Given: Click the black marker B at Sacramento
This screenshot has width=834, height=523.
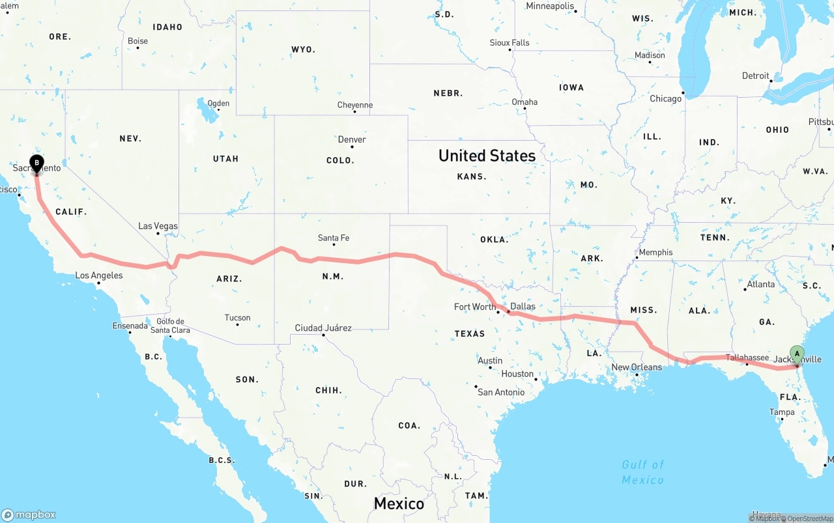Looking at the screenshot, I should click(x=37, y=163).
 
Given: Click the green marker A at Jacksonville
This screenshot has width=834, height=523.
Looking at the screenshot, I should click(x=797, y=354).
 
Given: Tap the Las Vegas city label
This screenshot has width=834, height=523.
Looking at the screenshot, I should click(x=158, y=226).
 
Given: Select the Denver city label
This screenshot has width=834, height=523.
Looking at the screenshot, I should click(x=352, y=139).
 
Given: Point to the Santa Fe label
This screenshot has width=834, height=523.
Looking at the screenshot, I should click(x=334, y=238).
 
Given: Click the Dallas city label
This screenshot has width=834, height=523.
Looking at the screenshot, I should click(x=523, y=306).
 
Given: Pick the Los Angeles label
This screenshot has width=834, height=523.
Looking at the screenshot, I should click(x=99, y=276).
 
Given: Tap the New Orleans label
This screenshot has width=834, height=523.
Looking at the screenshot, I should click(x=637, y=367).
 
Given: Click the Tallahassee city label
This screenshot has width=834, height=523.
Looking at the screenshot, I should click(x=747, y=358).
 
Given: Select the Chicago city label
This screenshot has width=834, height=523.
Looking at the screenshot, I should click(x=665, y=99).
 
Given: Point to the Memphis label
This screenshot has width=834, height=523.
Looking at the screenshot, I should click(x=655, y=252).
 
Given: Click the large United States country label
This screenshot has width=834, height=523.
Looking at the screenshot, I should click(x=487, y=156).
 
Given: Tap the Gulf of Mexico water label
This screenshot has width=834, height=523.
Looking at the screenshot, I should click(x=642, y=472).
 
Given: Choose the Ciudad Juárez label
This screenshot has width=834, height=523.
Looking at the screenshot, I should click(x=323, y=328).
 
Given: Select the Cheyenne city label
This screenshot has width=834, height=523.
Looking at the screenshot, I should click(x=355, y=105).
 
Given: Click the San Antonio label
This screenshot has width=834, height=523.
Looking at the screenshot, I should click(x=501, y=392).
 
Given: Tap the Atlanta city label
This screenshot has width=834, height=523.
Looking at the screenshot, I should click(x=761, y=284).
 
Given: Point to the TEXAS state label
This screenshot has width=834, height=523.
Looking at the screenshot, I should click(x=470, y=333).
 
